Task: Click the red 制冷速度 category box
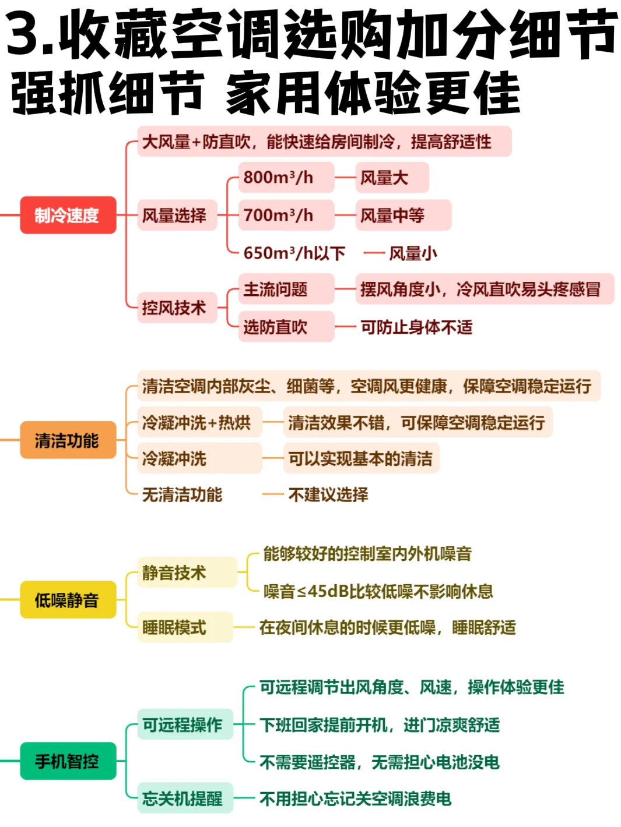point(68,215)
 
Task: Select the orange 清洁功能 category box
point(68,440)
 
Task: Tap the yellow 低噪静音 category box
point(68,599)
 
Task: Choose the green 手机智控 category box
point(68,761)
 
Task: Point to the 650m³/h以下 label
point(294,253)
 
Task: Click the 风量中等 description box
point(403,215)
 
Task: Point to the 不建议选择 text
point(328,494)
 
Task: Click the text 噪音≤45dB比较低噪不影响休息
point(378,591)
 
